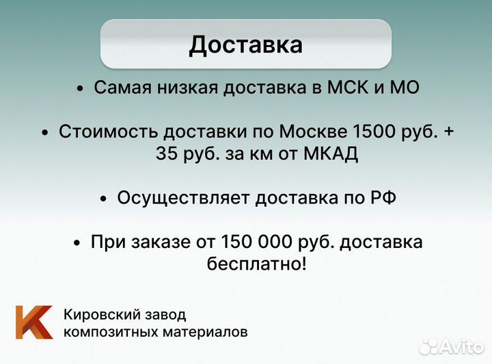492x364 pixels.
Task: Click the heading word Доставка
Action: (245, 44)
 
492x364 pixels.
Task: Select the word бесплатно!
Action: (256, 264)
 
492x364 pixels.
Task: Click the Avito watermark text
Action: (459, 347)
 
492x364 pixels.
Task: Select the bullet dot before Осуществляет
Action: (103, 199)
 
